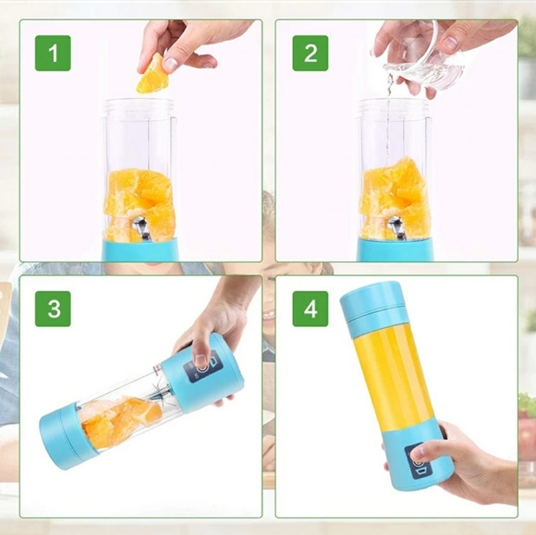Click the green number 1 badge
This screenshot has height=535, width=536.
coord(53,53)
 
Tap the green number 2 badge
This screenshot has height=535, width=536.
coord(310,53)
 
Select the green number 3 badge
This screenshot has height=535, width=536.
coord(53,309)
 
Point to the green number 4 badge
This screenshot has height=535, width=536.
coord(310,309)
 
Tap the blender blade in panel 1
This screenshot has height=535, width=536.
coord(143,227)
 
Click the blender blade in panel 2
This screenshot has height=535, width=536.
coord(396,227)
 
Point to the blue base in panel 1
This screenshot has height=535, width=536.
coord(140,249)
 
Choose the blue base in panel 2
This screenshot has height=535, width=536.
coord(395,249)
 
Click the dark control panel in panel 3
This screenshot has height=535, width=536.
coord(202,369)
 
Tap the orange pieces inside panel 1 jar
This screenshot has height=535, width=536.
coord(139,203)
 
